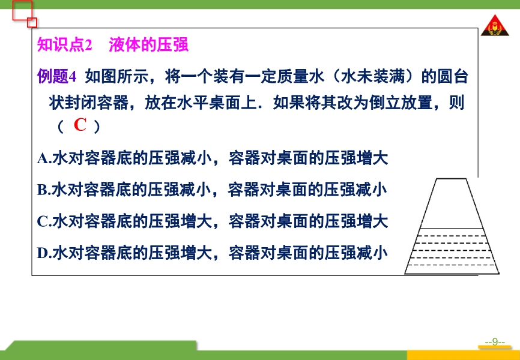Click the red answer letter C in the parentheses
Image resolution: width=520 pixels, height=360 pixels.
[x=80, y=125]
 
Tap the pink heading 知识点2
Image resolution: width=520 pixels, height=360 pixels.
[x=64, y=45]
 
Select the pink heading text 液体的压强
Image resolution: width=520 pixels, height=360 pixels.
[x=148, y=45]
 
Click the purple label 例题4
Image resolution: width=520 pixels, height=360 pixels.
[x=56, y=77]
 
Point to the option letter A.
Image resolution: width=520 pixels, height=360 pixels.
[x=43, y=158]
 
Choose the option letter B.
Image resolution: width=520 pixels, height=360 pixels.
[x=43, y=190]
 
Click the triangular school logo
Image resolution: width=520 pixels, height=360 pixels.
[x=495, y=25]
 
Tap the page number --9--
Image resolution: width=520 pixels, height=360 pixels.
[x=495, y=342]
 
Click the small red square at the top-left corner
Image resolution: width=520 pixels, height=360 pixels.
[x=32, y=23]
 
